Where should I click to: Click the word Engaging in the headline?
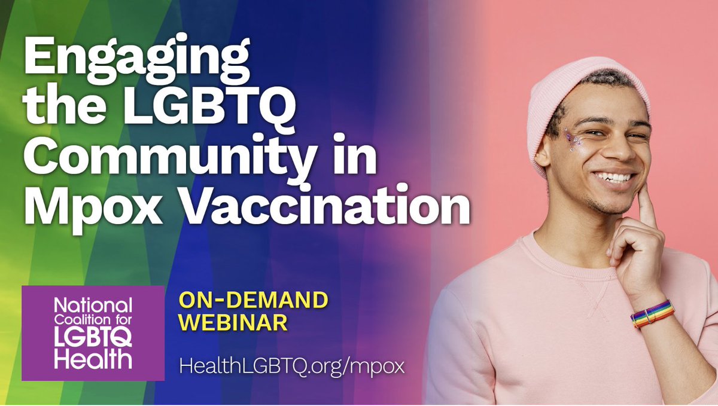click(135, 60)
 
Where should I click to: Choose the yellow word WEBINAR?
click(234, 322)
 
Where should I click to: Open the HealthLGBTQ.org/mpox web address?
click(292, 366)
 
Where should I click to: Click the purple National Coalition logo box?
click(93, 332)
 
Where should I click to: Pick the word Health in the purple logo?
click(93, 361)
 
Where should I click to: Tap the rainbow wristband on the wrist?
click(652, 313)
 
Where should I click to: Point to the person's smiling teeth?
click(613, 177)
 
